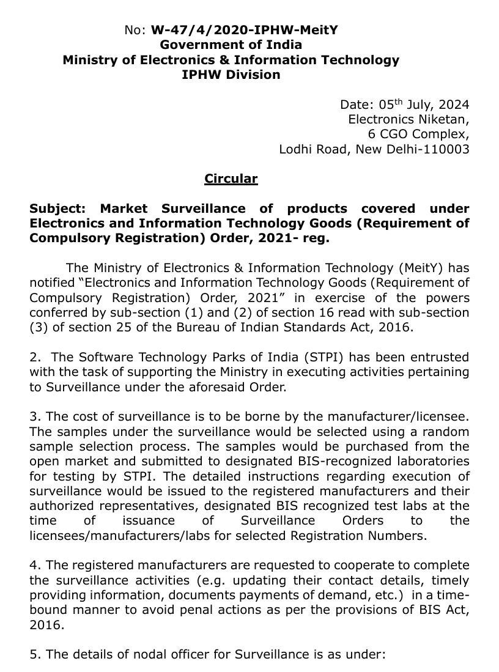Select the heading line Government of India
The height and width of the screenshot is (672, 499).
point(231,45)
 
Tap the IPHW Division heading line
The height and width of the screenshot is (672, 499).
point(231,75)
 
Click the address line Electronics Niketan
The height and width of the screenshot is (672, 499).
point(408,119)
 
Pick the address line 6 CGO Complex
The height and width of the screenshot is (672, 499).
point(418,134)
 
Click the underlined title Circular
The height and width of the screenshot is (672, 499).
point(231,179)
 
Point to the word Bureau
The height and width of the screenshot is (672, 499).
point(210,328)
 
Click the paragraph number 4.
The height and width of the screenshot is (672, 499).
point(34,566)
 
